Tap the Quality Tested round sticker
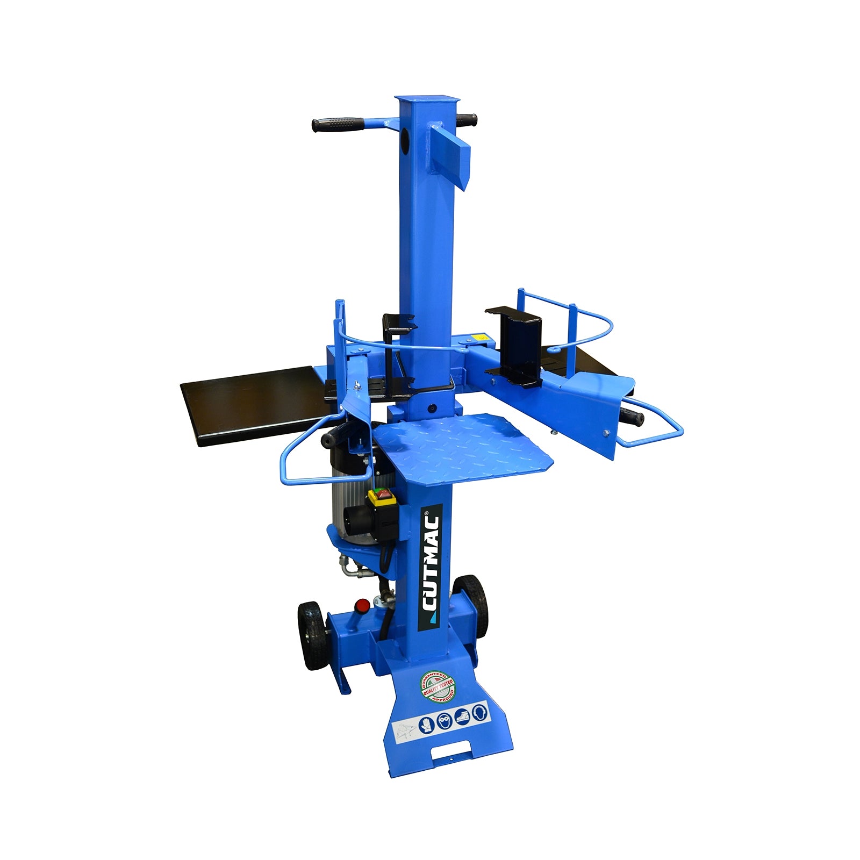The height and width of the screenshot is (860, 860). click(437, 687)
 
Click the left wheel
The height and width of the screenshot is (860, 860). click(311, 635)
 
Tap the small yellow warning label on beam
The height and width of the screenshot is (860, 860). click(478, 338)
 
